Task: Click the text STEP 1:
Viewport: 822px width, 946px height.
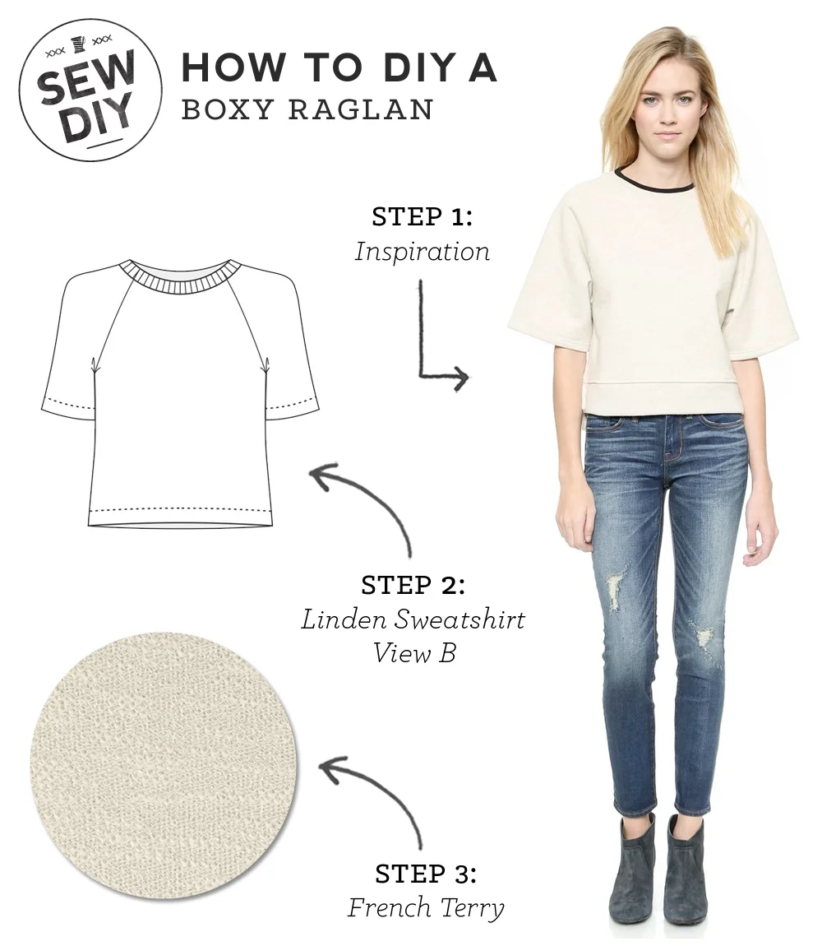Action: click(x=422, y=218)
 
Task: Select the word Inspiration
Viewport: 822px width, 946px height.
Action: click(x=422, y=252)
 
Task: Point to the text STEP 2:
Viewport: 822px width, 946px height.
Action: click(x=413, y=586)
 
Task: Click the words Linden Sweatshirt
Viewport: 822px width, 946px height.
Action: click(x=413, y=619)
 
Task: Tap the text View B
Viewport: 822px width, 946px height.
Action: click(x=413, y=653)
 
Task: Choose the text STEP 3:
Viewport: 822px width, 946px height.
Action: click(x=425, y=873)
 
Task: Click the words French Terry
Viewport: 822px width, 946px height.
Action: click(x=425, y=907)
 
